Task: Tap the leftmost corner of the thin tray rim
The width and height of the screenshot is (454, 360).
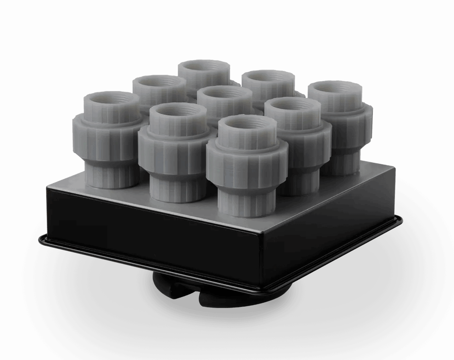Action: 40,239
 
